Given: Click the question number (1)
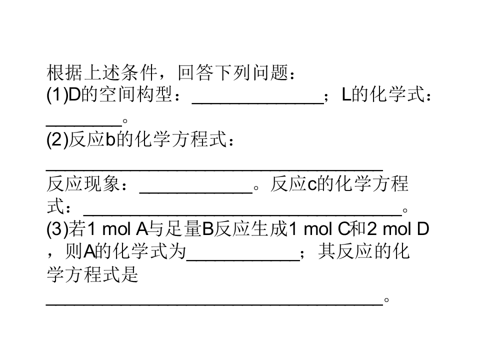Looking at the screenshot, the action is pyautogui.click(x=57, y=94).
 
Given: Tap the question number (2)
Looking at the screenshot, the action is pyautogui.click(x=57, y=139).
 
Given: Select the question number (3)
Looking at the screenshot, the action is pyautogui.click(x=57, y=229).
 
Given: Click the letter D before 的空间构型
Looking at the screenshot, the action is pyautogui.click(x=74, y=94).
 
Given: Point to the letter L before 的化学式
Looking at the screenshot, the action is pyautogui.click(x=346, y=94).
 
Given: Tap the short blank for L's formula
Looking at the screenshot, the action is pyautogui.click(x=84, y=125).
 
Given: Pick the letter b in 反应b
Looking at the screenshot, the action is pyautogui.click(x=110, y=139).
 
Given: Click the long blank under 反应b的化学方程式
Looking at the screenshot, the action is pyautogui.click(x=214, y=169).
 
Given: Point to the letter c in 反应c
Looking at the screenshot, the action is pyautogui.click(x=312, y=185).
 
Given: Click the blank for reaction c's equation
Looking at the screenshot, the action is pyautogui.click(x=242, y=215).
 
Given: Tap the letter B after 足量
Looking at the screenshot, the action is pyautogui.click(x=208, y=229).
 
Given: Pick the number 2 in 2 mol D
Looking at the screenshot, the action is pyautogui.click(x=371, y=229).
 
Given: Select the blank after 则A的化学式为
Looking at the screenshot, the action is pyautogui.click(x=243, y=260).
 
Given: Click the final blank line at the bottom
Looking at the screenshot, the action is pyautogui.click(x=214, y=305).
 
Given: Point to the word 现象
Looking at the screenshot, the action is pyautogui.click(x=101, y=184).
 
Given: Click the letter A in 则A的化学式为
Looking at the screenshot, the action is pyautogui.click(x=89, y=252).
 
